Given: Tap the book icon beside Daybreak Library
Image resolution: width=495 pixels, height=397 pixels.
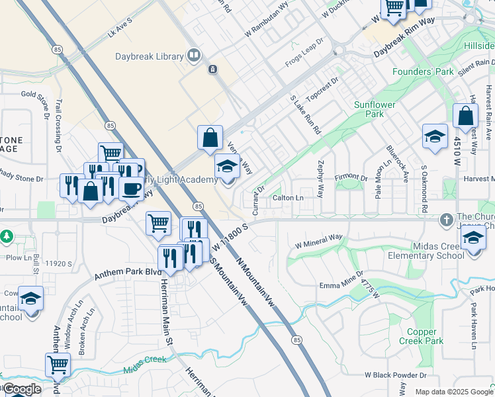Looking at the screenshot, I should click(x=194, y=56).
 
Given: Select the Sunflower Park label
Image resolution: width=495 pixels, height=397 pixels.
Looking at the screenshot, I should click(x=378, y=109).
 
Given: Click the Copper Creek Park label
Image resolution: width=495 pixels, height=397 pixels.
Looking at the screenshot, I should click(x=421, y=336).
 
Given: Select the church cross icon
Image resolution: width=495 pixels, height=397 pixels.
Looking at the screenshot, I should click(x=448, y=218).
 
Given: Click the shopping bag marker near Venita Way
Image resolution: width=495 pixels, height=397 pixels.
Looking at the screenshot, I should click(x=210, y=138).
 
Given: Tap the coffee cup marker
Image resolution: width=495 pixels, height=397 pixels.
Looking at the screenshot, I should click(x=131, y=189).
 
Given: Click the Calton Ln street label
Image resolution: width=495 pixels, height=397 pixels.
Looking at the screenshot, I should click(x=288, y=198).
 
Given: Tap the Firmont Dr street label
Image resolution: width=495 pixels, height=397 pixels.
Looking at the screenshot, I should click(x=351, y=179).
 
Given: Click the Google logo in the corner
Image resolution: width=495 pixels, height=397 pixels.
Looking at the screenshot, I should click(x=22, y=389).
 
